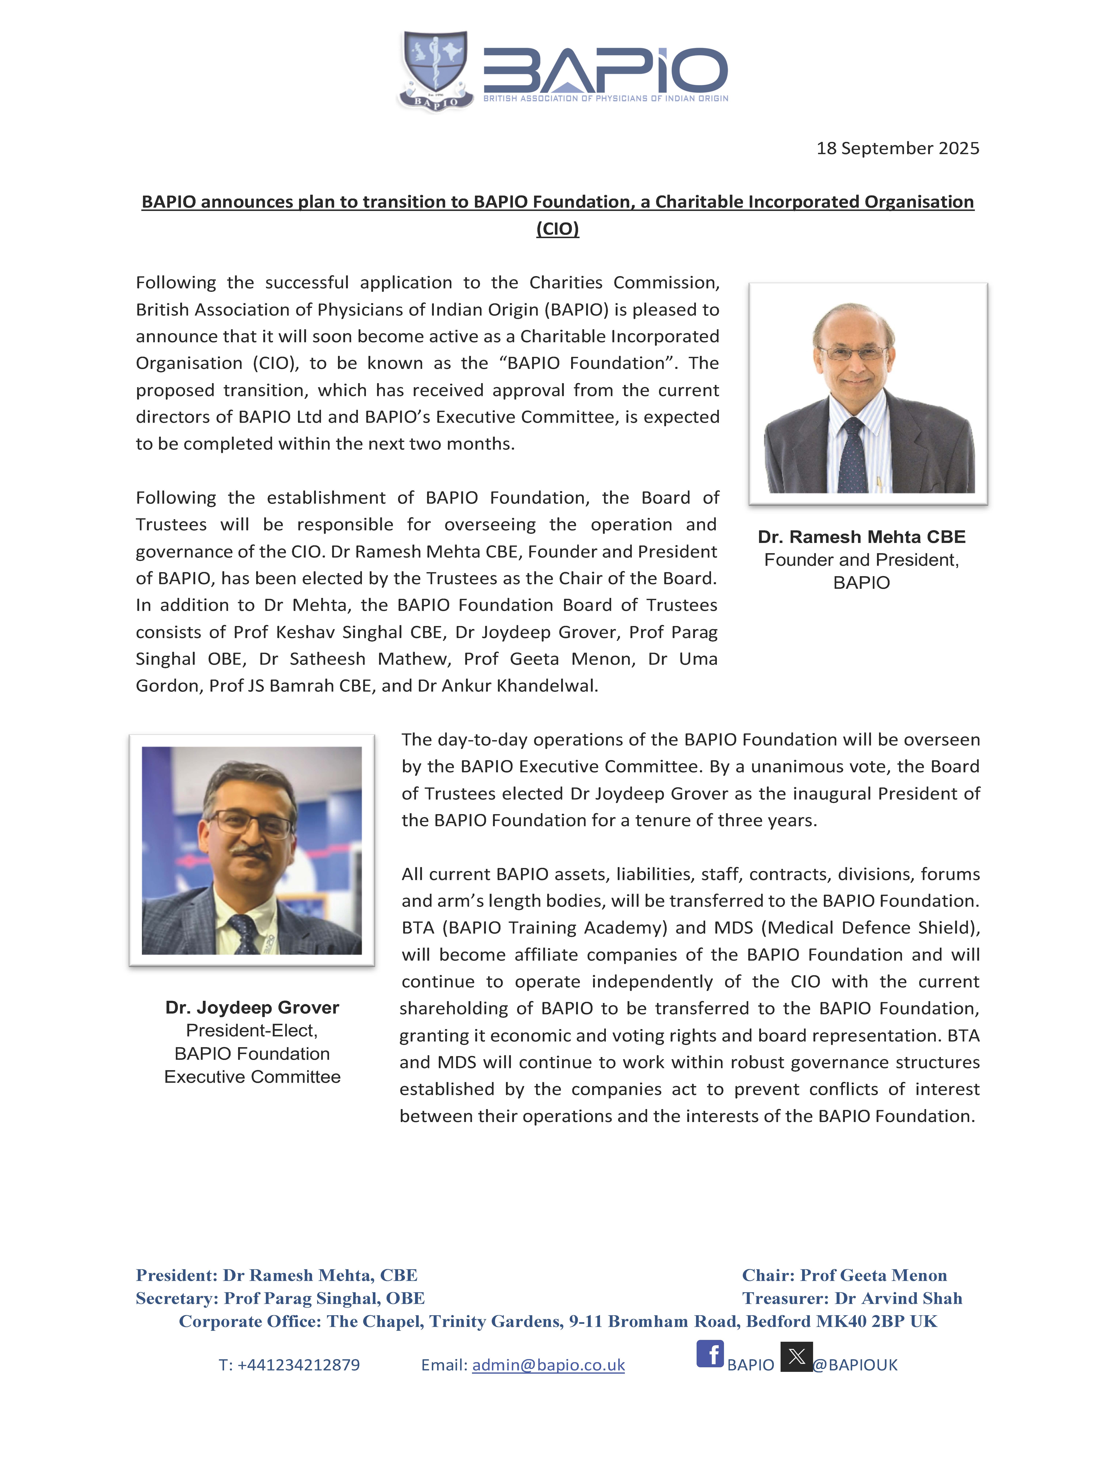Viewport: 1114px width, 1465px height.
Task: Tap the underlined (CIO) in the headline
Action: [557, 229]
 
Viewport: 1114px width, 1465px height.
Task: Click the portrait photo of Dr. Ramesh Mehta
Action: [868, 393]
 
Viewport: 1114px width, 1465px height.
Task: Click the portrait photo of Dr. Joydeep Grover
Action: [252, 850]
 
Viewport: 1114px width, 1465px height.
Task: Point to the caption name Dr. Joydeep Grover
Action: [252, 1007]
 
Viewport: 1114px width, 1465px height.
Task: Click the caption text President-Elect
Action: [252, 1031]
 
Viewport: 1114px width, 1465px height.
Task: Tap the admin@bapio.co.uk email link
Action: [548, 1365]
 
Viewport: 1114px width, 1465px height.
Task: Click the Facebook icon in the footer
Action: [710, 1354]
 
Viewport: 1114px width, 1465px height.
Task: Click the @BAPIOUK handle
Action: [855, 1365]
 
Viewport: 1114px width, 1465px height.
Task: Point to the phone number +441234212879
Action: [298, 1365]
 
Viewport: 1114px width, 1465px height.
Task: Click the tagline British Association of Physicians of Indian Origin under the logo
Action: [605, 98]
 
